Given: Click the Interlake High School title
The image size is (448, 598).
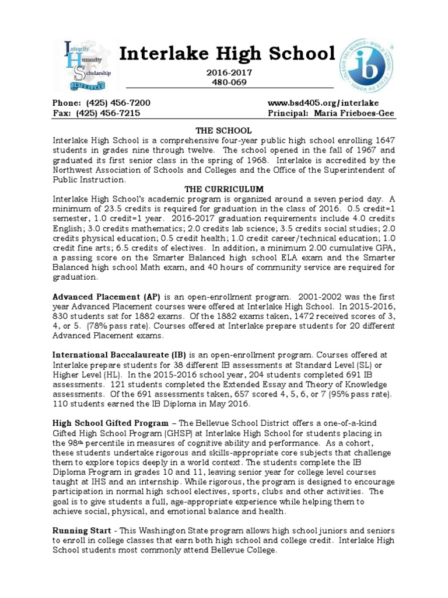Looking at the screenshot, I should coord(228,54).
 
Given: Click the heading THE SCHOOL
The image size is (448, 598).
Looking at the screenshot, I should coord(224,131).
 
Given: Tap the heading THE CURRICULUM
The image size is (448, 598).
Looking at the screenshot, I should coord(224,189).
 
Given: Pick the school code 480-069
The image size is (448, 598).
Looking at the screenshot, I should coord(228,82).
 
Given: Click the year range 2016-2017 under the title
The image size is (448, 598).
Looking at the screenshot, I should coord(228,72).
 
